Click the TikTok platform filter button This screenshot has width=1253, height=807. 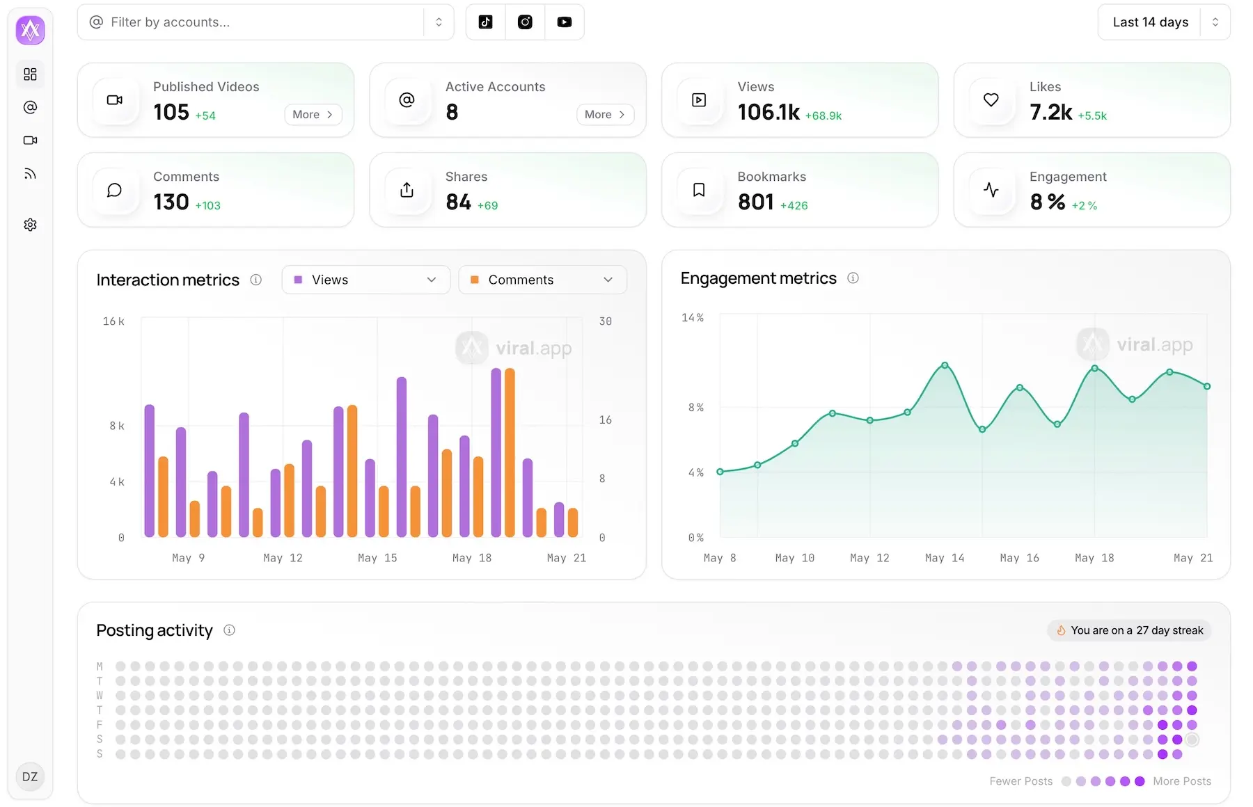[x=485, y=22]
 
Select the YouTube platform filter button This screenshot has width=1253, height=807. [x=564, y=22]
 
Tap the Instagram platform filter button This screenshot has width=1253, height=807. [x=525, y=22]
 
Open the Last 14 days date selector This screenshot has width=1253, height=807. [x=1163, y=22]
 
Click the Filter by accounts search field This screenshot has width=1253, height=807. [x=258, y=22]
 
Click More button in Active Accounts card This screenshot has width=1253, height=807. [x=604, y=115]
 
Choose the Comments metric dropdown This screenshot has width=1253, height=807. [x=542, y=280]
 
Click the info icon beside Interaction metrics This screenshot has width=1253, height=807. [x=256, y=280]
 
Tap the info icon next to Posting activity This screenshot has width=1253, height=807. [x=229, y=630]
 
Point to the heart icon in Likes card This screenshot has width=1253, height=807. [x=991, y=100]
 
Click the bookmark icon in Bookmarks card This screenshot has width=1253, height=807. [x=699, y=190]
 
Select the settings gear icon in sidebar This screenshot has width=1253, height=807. [x=30, y=225]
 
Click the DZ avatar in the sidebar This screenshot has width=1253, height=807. [x=30, y=776]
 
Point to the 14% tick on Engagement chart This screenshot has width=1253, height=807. [x=692, y=318]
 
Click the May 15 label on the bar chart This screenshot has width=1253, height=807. [x=377, y=558]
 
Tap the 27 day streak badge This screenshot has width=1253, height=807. [x=1129, y=630]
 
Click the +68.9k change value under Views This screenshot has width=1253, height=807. [x=823, y=116]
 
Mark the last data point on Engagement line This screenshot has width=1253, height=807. [x=1207, y=386]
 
